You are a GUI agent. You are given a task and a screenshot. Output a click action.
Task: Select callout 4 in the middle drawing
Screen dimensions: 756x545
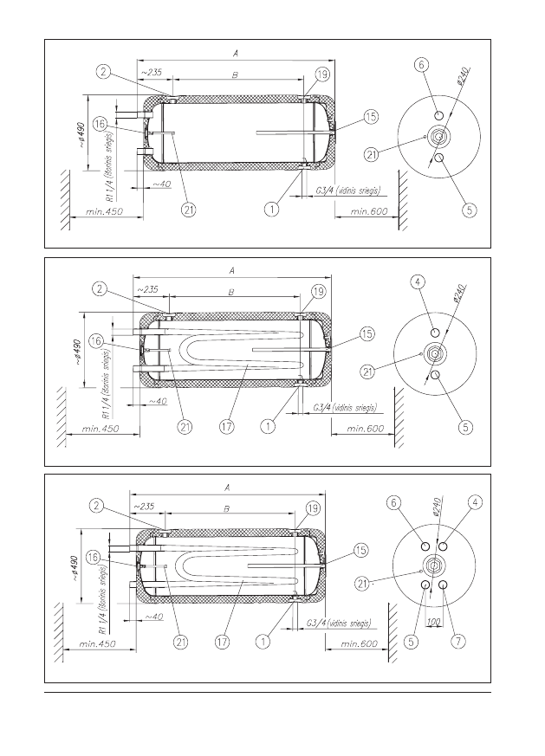point(418,281)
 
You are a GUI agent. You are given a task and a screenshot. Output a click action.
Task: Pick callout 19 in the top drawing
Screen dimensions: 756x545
point(321,74)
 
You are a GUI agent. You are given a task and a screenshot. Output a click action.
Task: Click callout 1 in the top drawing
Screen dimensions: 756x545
point(272,210)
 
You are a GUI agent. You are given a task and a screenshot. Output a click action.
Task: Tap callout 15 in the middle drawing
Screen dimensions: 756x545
point(367,333)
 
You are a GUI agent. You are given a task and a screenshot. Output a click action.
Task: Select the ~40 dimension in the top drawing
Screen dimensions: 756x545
point(162,184)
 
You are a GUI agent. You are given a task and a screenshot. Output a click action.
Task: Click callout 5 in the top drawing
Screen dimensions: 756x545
point(468,209)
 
